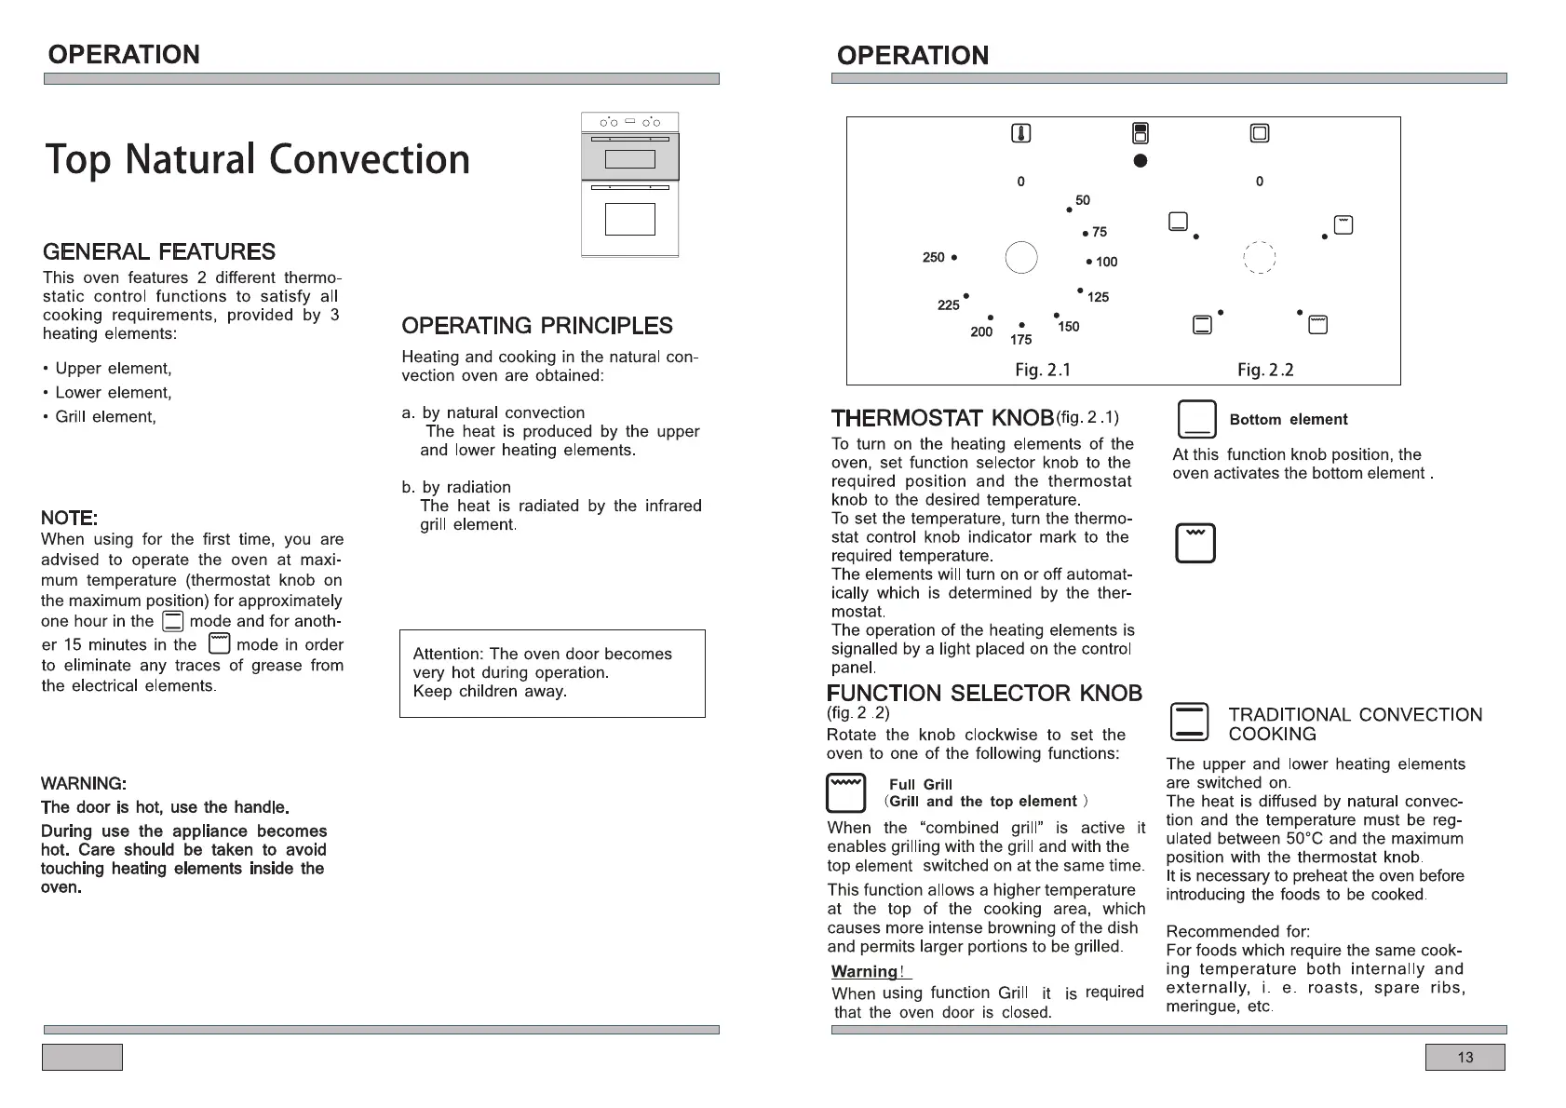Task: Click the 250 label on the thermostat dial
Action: pyautogui.click(x=933, y=257)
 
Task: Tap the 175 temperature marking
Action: pyautogui.click(x=1020, y=340)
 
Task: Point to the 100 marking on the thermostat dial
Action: pyautogui.click(x=1106, y=262)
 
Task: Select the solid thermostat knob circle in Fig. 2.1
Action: pyautogui.click(x=1021, y=257)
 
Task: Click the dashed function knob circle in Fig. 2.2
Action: pyautogui.click(x=1259, y=257)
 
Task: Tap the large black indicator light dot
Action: pyautogui.click(x=1141, y=161)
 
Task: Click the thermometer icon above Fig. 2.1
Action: pyautogui.click(x=1021, y=133)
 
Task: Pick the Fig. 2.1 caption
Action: pyautogui.click(x=1043, y=370)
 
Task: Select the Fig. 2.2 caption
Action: pyautogui.click(x=1265, y=370)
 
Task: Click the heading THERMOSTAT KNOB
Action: pyautogui.click(x=942, y=418)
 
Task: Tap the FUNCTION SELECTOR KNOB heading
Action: pyautogui.click(x=984, y=694)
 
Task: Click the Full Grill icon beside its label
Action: pyautogui.click(x=846, y=792)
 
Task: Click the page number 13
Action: pyautogui.click(x=1465, y=1058)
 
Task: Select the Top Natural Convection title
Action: pyautogui.click(x=257, y=159)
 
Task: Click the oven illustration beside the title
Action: pyautogui.click(x=630, y=185)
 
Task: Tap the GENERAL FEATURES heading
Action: pyautogui.click(x=159, y=252)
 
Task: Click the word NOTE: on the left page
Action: pyautogui.click(x=69, y=518)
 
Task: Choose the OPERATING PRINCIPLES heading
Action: pyautogui.click(x=537, y=326)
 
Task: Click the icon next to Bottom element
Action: pyautogui.click(x=1196, y=420)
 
